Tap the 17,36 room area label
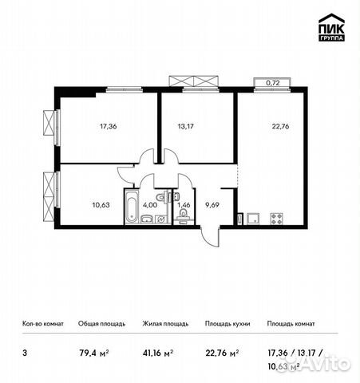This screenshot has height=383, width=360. coord(109,125)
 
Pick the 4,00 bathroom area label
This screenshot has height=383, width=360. coord(149,204)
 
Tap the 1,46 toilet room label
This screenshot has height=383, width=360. coord(183,204)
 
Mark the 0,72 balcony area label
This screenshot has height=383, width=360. coord(272,83)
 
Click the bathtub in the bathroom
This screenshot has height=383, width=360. coord(132,207)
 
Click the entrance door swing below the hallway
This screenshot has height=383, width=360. coord(209,238)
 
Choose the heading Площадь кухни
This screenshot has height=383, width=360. coord(227,324)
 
